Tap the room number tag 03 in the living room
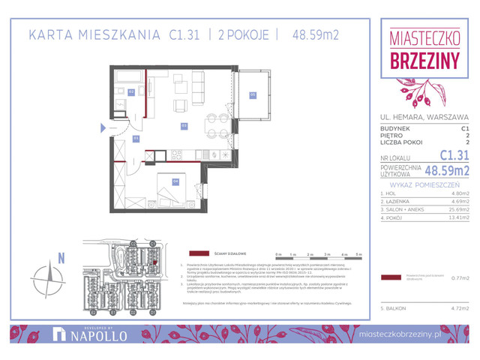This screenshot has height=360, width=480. (184, 125)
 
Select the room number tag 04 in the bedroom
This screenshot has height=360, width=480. (175, 181)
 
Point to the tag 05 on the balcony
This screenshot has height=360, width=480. (253, 94)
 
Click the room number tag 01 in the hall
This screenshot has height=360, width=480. (136, 138)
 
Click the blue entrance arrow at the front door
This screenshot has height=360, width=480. (102, 128)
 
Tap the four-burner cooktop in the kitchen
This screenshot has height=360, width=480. (178, 154)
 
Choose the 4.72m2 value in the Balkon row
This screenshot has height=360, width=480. (457, 307)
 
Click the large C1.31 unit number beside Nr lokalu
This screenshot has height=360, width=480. (454, 155)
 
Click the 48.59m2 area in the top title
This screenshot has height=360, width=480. (319, 34)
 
